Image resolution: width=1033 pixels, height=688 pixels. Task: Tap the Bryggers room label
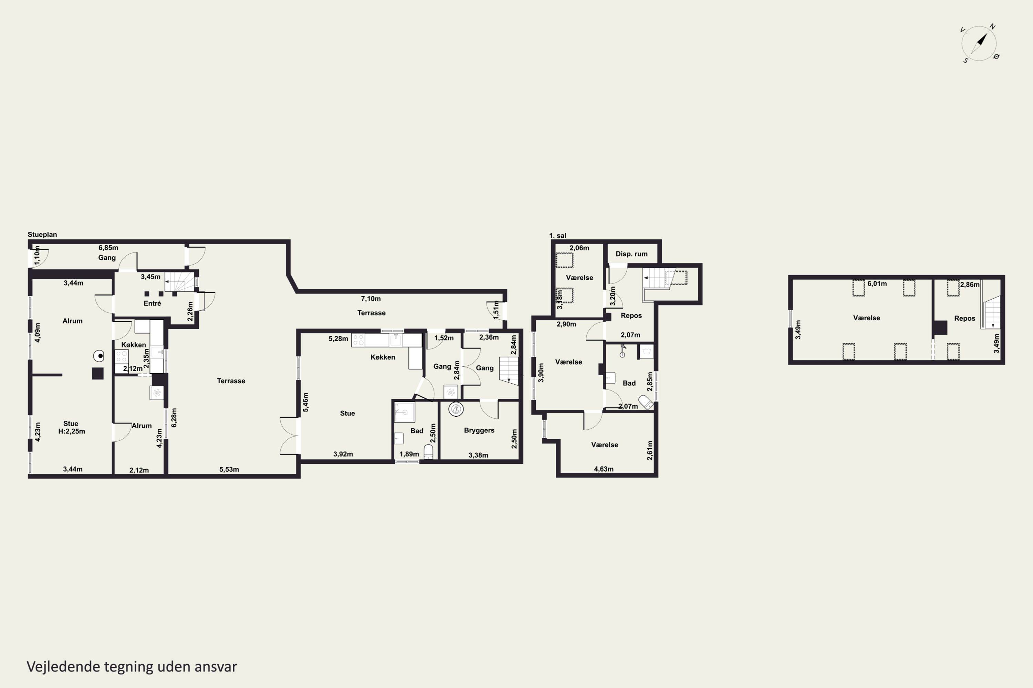[x=479, y=430]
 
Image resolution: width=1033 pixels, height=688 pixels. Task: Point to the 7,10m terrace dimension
[x=371, y=299]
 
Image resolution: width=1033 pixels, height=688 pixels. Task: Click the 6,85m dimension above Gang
[x=108, y=248]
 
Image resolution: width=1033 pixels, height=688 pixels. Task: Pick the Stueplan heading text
[x=42, y=235]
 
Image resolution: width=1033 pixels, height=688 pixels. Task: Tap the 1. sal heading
[x=558, y=236]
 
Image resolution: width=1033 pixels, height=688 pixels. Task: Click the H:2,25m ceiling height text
[x=72, y=431]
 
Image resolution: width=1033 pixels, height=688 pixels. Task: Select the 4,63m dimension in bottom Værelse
[x=604, y=469]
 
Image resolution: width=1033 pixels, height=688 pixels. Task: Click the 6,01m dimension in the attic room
[x=877, y=284]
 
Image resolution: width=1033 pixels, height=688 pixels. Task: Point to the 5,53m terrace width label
[x=229, y=470]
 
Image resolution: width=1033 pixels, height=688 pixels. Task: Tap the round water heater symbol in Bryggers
[x=456, y=409]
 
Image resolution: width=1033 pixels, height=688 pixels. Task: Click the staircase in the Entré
[x=180, y=282]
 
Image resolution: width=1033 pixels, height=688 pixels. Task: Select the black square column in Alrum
[x=97, y=373]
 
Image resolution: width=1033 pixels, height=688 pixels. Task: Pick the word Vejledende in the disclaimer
[x=64, y=667]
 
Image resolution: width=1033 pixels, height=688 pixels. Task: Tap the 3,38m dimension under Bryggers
[x=478, y=455]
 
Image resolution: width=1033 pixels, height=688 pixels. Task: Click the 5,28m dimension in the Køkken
[x=338, y=339]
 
